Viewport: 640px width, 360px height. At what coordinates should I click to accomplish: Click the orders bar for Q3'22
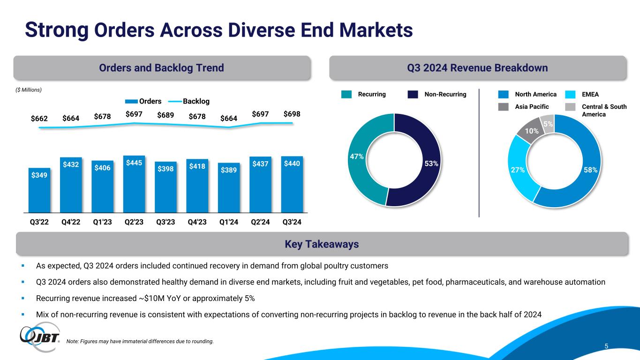(39, 190)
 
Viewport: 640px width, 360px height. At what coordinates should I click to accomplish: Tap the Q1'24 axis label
(229, 223)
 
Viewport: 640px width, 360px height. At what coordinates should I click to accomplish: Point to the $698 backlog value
(292, 114)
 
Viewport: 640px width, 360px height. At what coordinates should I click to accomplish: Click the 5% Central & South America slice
(548, 124)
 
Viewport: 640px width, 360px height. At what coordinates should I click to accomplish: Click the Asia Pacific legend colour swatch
(504, 107)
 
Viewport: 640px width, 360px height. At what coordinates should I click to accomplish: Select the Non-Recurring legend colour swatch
(413, 95)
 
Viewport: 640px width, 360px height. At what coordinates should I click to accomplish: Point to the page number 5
(606, 346)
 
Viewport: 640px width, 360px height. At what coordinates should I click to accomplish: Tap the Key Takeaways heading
(321, 244)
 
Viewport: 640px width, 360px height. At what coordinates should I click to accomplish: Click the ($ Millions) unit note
(29, 89)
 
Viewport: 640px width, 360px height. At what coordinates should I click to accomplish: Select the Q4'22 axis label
(71, 223)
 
